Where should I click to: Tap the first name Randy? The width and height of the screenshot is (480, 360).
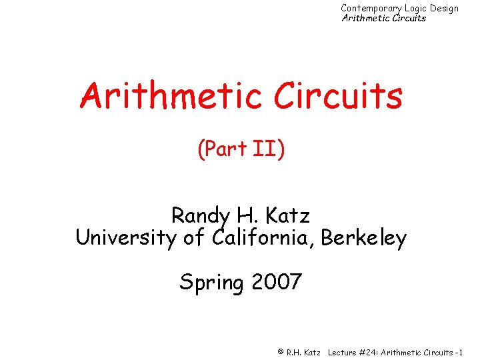(x=198, y=216)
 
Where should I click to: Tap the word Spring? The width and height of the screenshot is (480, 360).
(x=211, y=283)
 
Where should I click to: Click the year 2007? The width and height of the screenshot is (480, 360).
(x=277, y=282)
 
